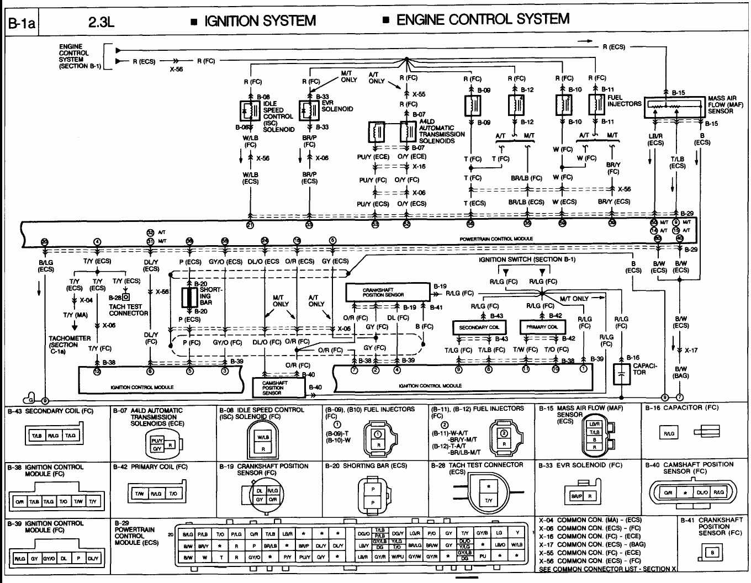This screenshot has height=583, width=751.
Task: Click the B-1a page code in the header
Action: [x=21, y=24]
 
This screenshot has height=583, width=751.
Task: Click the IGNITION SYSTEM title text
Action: [x=260, y=21]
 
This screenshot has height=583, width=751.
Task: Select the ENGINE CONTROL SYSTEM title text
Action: [x=483, y=19]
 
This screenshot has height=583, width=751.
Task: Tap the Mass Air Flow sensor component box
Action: [x=675, y=107]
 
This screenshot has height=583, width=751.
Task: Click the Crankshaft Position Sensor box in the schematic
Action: [x=387, y=291]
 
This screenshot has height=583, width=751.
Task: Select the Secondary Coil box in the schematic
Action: [x=478, y=327]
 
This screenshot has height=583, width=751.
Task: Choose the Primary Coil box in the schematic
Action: [x=542, y=327]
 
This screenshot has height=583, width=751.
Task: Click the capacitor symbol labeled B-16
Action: [x=622, y=375]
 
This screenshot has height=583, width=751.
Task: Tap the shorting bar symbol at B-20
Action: [x=190, y=298]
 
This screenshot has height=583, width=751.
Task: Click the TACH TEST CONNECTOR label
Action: [x=128, y=310]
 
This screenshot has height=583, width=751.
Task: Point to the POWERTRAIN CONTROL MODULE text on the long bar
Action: [x=496, y=239]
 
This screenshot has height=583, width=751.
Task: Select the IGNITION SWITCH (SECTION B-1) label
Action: [x=527, y=259]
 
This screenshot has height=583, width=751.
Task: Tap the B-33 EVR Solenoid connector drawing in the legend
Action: [x=584, y=496]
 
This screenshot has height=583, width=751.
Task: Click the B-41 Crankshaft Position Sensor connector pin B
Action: [x=713, y=552]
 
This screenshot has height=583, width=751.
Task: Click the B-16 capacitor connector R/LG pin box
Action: [x=669, y=433]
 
